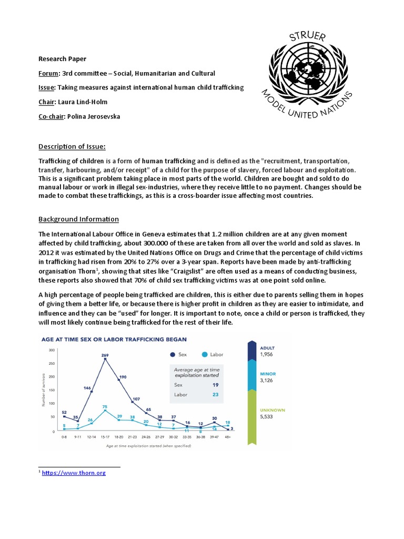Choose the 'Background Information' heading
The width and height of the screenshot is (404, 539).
(x=79, y=219)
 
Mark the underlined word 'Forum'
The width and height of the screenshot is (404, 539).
(x=49, y=73)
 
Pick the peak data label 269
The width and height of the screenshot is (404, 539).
(x=105, y=355)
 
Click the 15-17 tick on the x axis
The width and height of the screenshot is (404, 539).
(x=105, y=437)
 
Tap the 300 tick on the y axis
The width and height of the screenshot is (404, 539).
(x=52, y=350)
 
